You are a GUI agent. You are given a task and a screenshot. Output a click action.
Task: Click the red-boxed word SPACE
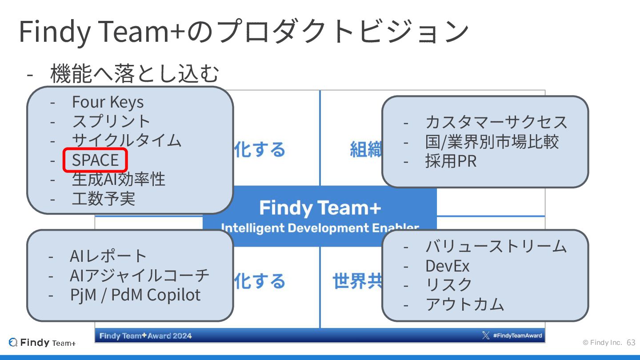(95, 160)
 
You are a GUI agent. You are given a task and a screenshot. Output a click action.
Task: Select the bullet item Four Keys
(108, 102)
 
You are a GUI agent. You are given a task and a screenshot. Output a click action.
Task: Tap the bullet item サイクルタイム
(127, 140)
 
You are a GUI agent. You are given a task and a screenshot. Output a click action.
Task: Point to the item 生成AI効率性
(118, 179)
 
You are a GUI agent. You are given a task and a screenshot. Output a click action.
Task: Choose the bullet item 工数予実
(103, 199)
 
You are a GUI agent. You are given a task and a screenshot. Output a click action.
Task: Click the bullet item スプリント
(111, 121)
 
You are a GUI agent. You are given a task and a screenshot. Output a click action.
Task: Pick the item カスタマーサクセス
(496, 122)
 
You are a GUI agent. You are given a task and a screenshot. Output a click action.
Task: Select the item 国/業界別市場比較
(492, 142)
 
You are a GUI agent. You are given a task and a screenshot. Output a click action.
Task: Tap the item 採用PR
(451, 161)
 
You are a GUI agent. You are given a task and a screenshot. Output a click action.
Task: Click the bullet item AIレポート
(108, 256)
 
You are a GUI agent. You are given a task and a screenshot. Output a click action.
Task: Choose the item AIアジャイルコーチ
(140, 276)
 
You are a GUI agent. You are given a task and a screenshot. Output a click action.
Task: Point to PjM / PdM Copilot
(135, 295)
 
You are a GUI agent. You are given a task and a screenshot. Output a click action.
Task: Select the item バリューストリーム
(496, 246)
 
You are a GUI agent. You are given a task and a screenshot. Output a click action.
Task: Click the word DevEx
(447, 266)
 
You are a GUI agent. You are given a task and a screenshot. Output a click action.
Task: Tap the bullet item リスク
(449, 285)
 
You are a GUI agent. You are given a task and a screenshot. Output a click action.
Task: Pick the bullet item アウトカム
(464, 304)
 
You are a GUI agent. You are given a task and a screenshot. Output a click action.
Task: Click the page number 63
(631, 343)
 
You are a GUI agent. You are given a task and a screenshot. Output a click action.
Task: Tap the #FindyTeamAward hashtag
(517, 336)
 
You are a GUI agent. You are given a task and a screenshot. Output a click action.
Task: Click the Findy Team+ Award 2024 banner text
(145, 336)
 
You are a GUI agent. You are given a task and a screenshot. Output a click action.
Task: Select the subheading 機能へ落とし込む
(135, 74)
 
